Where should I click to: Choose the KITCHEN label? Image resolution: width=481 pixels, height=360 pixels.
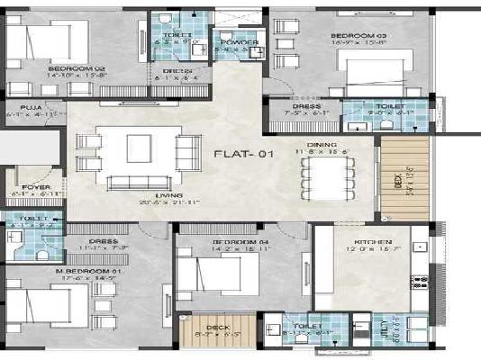coord(372,243)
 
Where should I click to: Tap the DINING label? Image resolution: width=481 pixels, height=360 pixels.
coord(321,144)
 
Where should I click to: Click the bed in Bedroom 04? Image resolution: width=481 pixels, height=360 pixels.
coord(210,271)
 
